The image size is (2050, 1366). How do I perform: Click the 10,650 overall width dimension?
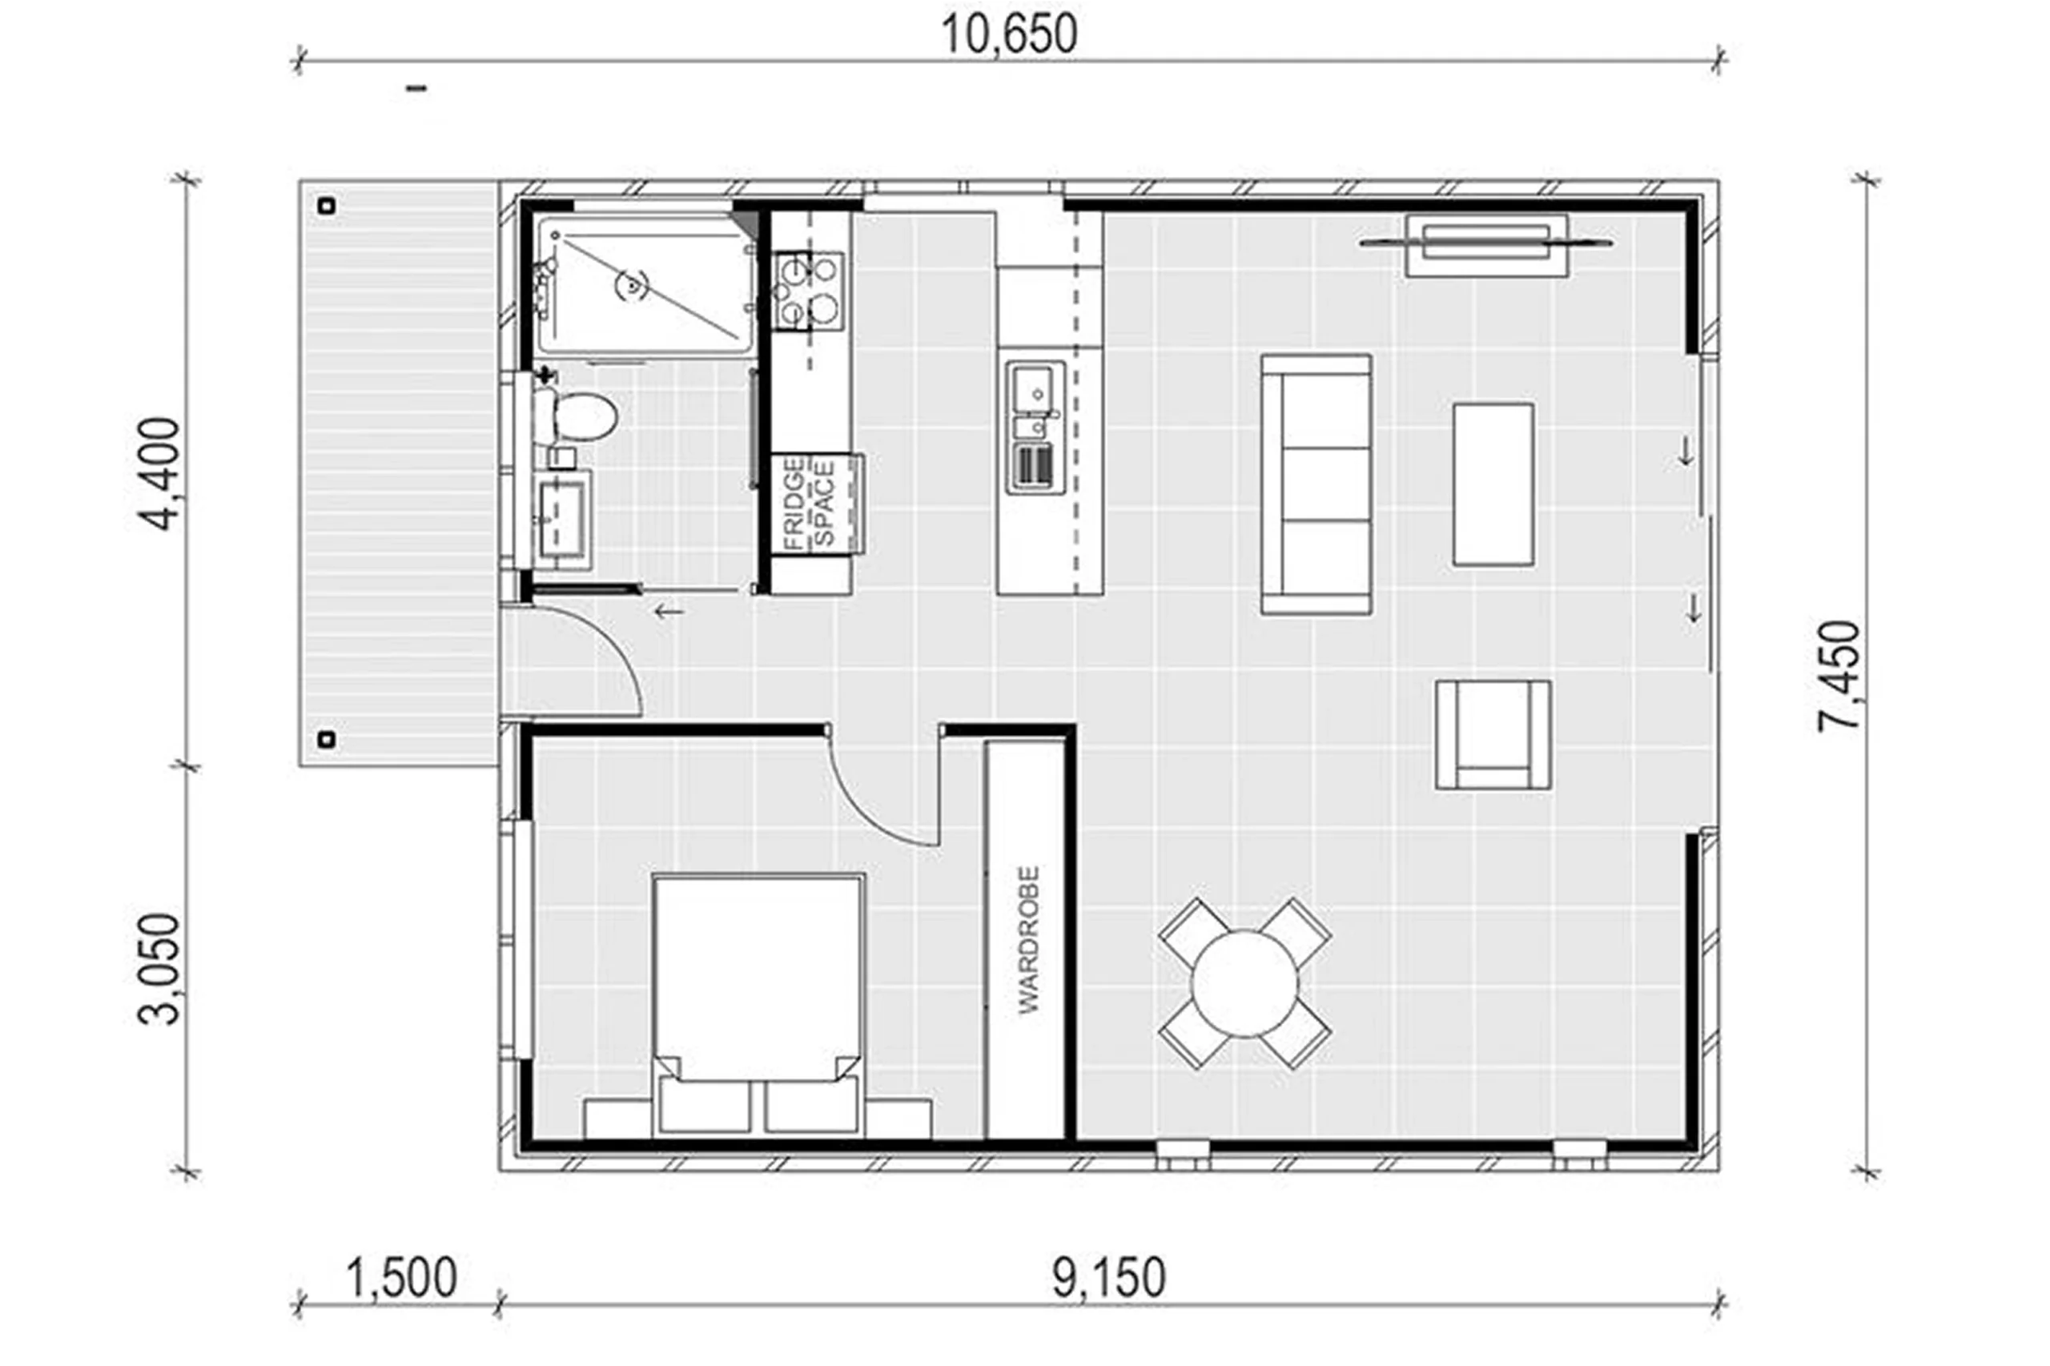coord(1009,35)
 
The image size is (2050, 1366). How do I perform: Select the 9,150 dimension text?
coord(1108,1279)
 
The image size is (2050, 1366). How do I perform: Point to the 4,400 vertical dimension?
coord(159,474)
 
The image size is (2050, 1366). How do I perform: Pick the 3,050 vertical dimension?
coord(159,969)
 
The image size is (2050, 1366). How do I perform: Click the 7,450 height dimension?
coord(1839,676)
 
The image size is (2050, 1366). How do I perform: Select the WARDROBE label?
coord(1029,939)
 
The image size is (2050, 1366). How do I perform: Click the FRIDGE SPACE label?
coord(809,504)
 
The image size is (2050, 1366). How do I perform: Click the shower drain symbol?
coord(633,284)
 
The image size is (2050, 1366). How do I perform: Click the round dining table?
coord(1244,983)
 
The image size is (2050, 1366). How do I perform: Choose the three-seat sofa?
coord(1316,484)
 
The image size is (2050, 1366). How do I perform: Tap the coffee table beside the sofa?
coord(1493,484)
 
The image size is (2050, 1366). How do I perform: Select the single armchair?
coord(1493,735)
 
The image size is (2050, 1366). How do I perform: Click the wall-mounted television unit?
coord(1486,244)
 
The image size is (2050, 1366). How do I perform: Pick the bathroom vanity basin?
coord(562,519)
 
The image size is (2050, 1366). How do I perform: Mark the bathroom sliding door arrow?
coord(669,612)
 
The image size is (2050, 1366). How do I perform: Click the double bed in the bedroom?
coord(759,1006)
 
